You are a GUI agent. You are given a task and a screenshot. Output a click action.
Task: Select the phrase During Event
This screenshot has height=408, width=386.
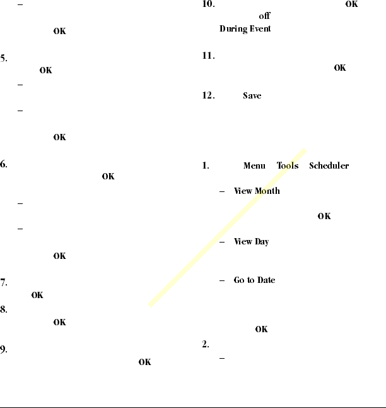(245, 29)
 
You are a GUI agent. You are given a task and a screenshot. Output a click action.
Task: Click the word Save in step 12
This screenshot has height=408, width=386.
(252, 95)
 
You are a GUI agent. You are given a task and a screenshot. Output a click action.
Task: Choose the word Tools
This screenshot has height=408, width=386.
(288, 166)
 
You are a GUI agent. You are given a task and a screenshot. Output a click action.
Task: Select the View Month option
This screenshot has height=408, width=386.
(257, 191)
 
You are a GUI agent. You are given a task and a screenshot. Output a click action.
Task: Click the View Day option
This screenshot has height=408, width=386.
(251, 242)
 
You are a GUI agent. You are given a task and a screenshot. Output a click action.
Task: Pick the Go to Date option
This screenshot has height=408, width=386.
(254, 280)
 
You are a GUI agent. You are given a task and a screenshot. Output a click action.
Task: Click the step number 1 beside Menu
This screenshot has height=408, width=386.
(206, 166)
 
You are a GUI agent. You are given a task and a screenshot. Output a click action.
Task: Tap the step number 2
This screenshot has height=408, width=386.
(206, 345)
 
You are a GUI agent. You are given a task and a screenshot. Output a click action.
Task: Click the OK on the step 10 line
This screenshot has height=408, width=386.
(351, 4)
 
